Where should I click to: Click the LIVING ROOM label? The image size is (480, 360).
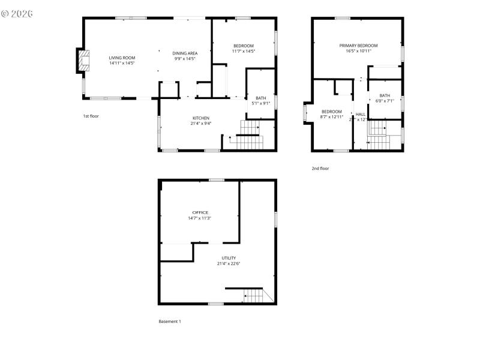[122, 58]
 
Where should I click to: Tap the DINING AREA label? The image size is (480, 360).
[185, 53]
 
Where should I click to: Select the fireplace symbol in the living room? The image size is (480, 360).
[83, 61]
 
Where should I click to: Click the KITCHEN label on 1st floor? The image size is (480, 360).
[201, 118]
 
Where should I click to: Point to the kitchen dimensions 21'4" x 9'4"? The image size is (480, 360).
[201, 124]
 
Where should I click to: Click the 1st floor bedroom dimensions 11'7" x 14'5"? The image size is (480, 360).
[243, 52]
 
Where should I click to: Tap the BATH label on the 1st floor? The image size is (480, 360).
[261, 98]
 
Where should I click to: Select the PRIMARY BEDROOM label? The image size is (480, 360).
[358, 46]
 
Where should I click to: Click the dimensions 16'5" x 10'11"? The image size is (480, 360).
[358, 52]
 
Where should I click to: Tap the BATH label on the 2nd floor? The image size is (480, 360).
[384, 95]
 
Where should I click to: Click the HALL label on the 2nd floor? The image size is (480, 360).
[361, 114]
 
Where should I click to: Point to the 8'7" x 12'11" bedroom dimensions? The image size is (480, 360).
[331, 117]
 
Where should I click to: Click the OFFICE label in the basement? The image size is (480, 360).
[200, 212]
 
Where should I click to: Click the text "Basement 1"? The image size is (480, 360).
[170, 322]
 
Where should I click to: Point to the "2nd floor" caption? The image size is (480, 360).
[320, 169]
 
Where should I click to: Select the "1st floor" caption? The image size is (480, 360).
[91, 116]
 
